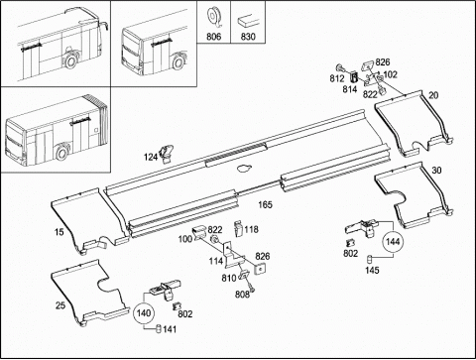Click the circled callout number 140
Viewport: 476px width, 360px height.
[144, 313]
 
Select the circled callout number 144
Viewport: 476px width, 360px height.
[393, 242]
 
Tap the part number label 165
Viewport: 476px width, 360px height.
[265, 205]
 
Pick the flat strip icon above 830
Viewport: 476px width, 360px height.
[248, 21]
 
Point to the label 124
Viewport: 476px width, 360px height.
[151, 158]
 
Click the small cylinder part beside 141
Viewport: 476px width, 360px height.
[158, 329]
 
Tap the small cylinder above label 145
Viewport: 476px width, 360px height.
[371, 259]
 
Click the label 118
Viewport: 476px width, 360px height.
[252, 229]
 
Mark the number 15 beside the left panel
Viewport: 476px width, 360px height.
[59, 232]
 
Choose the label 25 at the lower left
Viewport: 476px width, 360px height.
[60, 305]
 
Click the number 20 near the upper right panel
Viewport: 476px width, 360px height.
[433, 95]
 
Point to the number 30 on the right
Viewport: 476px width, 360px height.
[436, 171]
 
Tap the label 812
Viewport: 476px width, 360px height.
[337, 78]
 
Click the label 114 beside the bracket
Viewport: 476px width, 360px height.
[216, 261]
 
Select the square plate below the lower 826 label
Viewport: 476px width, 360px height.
[261, 268]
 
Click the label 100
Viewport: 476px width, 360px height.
[185, 239]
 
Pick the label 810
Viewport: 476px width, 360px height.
[229, 279]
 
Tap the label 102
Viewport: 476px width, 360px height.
[390, 74]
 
